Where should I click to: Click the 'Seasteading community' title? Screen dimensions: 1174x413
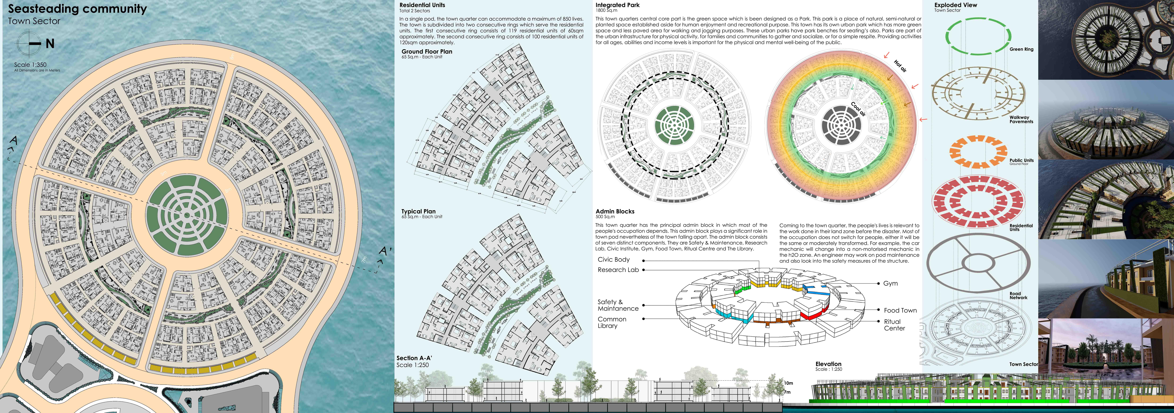[77, 9]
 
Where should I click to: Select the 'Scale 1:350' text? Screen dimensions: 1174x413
[30, 65]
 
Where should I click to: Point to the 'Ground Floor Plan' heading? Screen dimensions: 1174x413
[427, 52]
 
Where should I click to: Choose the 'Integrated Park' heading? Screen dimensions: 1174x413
[617, 5]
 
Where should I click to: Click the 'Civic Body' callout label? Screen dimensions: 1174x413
[613, 259]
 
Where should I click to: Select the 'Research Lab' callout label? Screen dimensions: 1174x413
[618, 270]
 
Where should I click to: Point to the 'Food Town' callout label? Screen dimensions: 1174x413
[900, 310]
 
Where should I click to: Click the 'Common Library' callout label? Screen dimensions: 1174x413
[612, 322]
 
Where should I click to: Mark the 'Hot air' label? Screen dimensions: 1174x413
[900, 66]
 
